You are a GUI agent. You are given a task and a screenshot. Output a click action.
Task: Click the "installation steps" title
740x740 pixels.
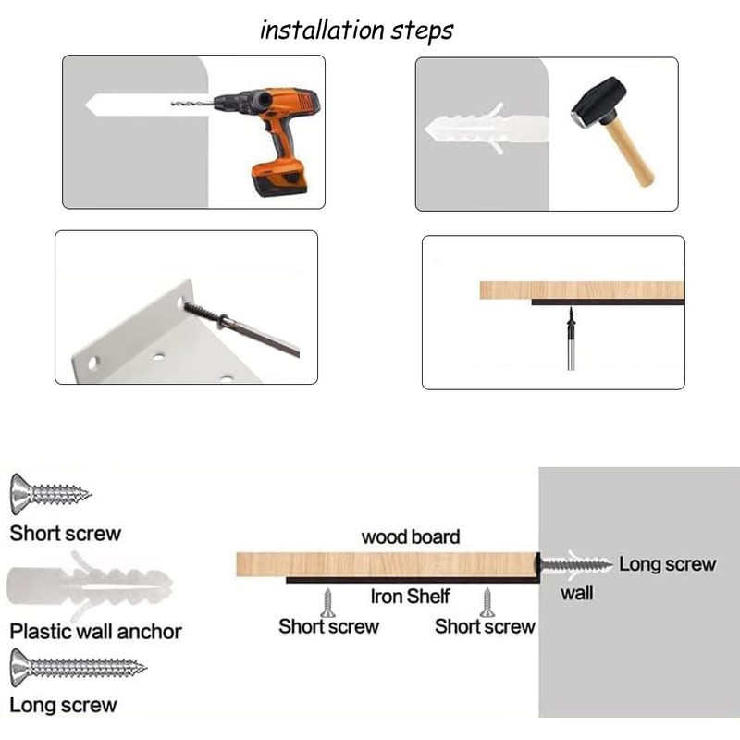pos(356,31)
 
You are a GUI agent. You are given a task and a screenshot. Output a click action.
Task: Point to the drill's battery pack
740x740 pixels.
pos(279,178)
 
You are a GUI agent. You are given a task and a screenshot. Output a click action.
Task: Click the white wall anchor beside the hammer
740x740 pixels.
pos(487,129)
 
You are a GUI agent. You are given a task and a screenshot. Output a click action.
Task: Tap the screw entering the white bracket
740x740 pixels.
pos(240,329)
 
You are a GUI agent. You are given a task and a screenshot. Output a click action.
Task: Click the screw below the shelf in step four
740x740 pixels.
pos(571,338)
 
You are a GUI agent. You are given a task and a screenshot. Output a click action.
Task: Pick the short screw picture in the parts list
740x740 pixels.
pos(50,494)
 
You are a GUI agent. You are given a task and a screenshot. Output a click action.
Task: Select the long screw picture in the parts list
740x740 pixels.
pos(78,667)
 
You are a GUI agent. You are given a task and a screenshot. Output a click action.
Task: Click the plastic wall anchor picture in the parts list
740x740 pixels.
pos(90,586)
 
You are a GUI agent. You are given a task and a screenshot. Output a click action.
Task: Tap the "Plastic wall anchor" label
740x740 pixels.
pos(96,632)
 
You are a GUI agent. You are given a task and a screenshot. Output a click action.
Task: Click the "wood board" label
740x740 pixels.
pos(411,537)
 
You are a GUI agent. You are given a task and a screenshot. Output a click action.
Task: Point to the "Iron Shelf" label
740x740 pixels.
pos(410,597)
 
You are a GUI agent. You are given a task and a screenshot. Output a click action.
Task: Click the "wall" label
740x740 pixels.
pos(576,593)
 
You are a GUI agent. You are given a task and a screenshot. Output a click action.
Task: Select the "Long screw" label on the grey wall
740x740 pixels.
pos(667,564)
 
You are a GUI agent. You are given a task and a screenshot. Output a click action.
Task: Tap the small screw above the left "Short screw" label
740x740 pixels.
pos(327,603)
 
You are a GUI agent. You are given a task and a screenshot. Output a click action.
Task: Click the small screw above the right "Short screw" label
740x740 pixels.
pos(487,603)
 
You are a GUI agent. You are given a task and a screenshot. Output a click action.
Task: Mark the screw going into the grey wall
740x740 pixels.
pos(574,563)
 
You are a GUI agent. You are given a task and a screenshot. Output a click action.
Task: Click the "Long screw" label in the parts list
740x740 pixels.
pos(63,705)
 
